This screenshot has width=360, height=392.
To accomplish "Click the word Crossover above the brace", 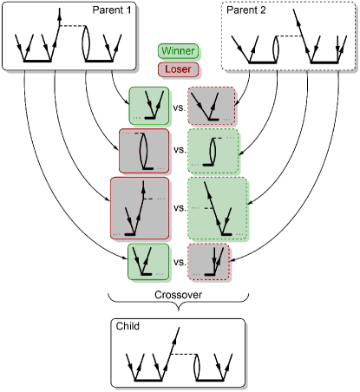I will pyautogui.click(x=180, y=295).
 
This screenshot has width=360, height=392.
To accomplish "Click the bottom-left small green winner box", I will pyautogui.click(x=149, y=262).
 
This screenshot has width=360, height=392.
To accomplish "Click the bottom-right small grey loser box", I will pyautogui.click(x=212, y=262).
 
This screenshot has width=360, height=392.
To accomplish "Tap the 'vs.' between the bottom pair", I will pyautogui.click(x=180, y=262).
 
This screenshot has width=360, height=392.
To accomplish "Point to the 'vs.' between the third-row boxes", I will pyautogui.click(x=180, y=208).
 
